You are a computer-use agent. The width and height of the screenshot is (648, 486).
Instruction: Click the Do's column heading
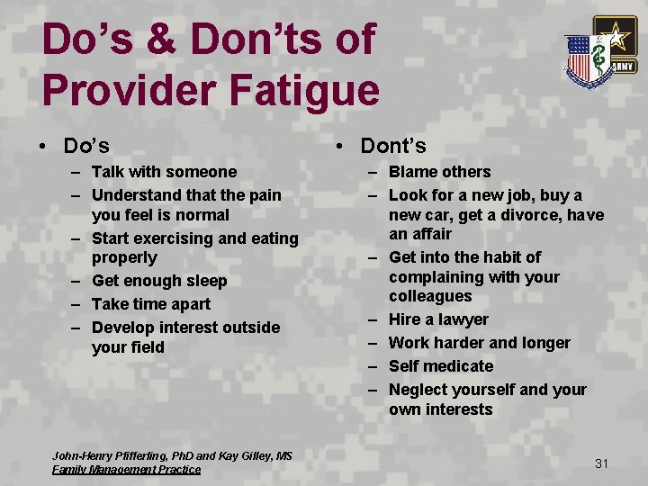(x=86, y=145)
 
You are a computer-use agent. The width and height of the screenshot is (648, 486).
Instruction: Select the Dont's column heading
(x=392, y=145)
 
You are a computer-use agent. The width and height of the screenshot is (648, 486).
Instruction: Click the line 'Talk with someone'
(x=164, y=172)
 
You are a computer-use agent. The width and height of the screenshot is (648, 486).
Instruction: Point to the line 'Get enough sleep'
(x=159, y=281)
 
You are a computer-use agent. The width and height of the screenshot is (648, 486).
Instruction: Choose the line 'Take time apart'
(x=150, y=304)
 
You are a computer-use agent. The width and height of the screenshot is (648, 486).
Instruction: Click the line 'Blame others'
(x=439, y=172)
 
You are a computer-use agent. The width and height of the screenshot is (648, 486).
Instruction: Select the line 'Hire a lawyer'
(x=438, y=319)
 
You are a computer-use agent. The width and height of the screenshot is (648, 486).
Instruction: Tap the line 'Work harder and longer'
(x=479, y=343)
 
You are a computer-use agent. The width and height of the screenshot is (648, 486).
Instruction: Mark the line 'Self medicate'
(x=441, y=366)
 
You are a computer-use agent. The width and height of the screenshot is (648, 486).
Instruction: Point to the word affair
(x=433, y=234)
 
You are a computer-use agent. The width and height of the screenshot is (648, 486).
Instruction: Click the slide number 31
(x=602, y=463)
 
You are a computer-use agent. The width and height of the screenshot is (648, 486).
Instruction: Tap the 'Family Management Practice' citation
(x=126, y=469)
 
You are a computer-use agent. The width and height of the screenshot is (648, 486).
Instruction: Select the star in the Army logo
(x=616, y=37)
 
